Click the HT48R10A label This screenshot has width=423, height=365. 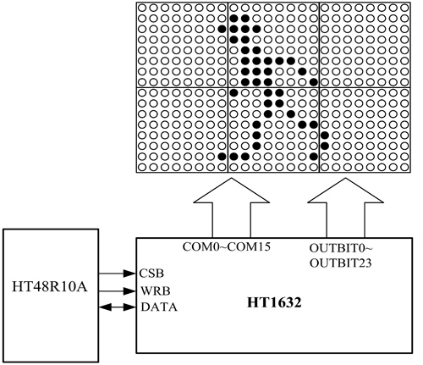[50, 287]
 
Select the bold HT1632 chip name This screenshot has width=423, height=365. [274, 302]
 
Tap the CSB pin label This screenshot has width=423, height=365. [151, 274]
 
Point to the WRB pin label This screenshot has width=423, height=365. [156, 290]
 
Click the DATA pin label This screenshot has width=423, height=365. [159, 307]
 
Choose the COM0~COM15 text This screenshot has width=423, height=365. [227, 246]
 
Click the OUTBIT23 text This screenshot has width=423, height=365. [341, 263]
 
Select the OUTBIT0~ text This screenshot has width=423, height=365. [341, 248]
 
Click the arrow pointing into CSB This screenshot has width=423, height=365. [118, 274]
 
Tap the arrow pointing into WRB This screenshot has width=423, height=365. [118, 291]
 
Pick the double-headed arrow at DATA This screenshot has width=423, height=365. [118, 307]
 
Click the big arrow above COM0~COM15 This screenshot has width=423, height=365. [232, 207]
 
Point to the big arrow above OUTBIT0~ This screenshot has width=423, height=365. [345, 207]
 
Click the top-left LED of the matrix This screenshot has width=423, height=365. [142, 8]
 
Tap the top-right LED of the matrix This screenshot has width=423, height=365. [404, 8]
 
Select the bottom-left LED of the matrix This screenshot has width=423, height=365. [142, 167]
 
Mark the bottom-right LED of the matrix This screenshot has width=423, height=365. [404, 167]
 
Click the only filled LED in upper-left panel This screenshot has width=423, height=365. [222, 29]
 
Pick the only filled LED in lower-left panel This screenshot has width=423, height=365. [222, 156]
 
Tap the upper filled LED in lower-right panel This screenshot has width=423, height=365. [325, 135]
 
